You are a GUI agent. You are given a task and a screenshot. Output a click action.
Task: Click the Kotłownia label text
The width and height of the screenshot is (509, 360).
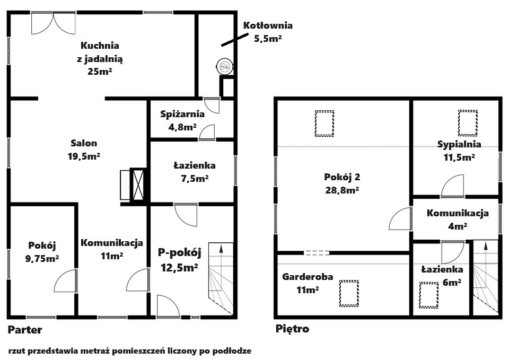pyautogui.click(x=268, y=25)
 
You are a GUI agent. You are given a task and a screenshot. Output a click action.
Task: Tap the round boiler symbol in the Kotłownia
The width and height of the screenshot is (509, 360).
pyautogui.click(x=224, y=67)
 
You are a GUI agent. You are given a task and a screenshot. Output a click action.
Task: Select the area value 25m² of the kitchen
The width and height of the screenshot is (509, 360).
pyautogui.click(x=100, y=72)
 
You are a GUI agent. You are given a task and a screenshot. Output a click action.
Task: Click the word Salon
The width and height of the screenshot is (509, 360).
pyautogui.click(x=84, y=143)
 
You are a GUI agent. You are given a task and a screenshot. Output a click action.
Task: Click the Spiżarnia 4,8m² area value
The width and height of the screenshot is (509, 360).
pyautogui.click(x=182, y=127)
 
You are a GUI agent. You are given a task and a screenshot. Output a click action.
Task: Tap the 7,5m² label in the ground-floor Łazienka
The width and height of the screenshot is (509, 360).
pyautogui.click(x=195, y=178)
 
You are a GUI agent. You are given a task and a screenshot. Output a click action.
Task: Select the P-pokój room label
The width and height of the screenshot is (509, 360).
pyautogui.click(x=180, y=252)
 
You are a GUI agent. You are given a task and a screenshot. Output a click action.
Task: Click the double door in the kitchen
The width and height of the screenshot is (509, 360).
pyautogui.click(x=54, y=23)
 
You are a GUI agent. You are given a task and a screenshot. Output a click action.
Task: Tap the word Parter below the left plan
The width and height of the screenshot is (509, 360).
pyautogui.click(x=25, y=330)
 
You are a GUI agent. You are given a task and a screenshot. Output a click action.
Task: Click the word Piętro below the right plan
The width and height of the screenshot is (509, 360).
pyautogui.click(x=292, y=329)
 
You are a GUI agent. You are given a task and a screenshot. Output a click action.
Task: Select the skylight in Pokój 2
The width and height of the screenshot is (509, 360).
pyautogui.click(x=324, y=124)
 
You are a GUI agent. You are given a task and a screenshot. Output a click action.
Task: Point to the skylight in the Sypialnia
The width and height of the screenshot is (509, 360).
pyautogui.click(x=468, y=123)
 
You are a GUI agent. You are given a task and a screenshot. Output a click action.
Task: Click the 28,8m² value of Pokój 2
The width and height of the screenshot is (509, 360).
pyautogui.click(x=342, y=190)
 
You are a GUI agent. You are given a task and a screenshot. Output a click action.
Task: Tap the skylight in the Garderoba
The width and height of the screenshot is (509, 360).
pyautogui.click(x=349, y=293)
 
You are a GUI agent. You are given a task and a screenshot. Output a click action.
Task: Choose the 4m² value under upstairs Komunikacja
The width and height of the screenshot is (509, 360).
pyautogui.click(x=458, y=226)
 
